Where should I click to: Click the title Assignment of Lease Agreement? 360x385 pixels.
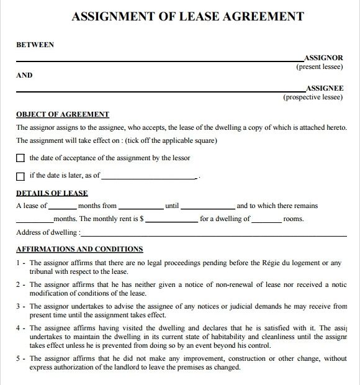click(188, 16)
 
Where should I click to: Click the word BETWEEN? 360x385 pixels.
click(34, 45)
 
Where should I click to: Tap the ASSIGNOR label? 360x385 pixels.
click(323, 58)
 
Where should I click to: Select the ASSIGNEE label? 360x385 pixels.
click(324, 89)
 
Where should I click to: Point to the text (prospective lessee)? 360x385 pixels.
click(313, 97)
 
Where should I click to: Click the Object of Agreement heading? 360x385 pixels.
click(62, 114)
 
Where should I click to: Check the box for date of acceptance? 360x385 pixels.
click(20, 158)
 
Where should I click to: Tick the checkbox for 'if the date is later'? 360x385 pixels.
click(20, 176)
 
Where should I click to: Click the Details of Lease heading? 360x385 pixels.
click(52, 193)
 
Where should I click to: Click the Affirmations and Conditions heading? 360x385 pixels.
click(79, 249)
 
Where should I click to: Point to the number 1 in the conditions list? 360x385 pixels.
click(18, 263)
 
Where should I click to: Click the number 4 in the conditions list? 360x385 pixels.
click(18, 328)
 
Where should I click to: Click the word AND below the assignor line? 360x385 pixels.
click(24, 76)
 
